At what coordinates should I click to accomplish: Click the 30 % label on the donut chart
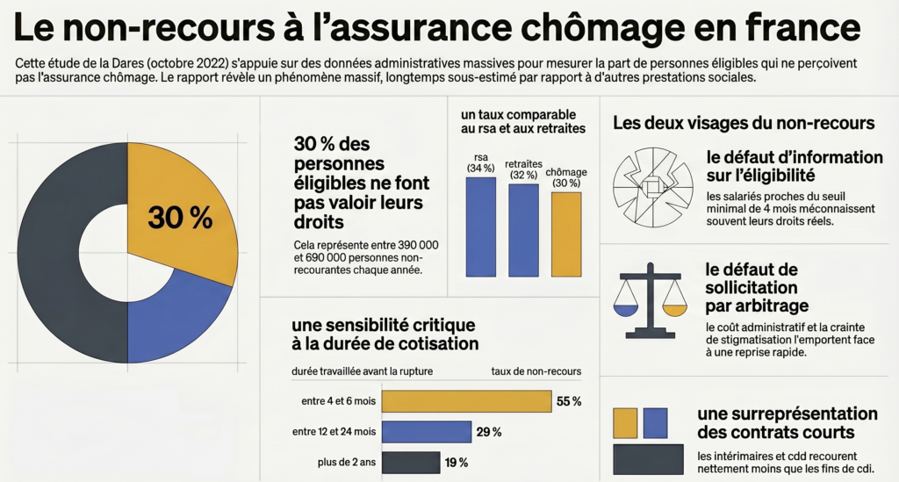click(180, 218)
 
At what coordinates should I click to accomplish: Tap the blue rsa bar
click(480, 227)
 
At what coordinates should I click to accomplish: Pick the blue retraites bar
click(523, 230)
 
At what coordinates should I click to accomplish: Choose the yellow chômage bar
click(566, 234)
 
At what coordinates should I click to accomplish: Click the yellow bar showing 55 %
click(466, 401)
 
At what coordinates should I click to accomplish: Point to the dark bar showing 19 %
click(410, 462)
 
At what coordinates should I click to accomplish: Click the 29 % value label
click(489, 432)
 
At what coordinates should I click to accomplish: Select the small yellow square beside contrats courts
click(625, 422)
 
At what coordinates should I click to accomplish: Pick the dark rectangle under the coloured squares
click(648, 458)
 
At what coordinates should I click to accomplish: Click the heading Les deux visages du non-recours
click(744, 123)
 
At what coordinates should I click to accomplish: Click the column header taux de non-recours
click(536, 371)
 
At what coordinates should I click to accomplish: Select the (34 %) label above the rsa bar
click(480, 169)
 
